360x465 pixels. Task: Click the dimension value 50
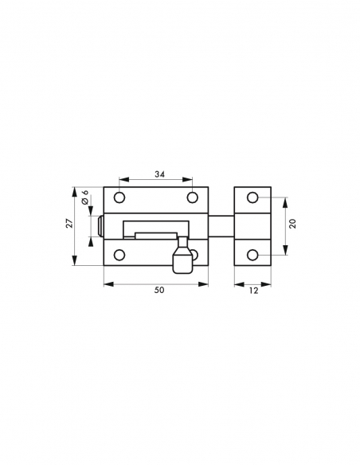click(158, 291)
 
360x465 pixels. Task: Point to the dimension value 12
click(253, 291)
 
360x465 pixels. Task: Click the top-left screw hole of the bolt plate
click(119, 197)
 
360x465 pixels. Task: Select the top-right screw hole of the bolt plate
click(192, 197)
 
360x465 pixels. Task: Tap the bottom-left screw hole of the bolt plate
click(119, 255)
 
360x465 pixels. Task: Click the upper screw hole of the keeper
click(253, 197)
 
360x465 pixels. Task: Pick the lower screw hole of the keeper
click(253, 255)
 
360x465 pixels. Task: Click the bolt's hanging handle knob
click(182, 261)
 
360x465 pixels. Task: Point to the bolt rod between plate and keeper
click(221, 226)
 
